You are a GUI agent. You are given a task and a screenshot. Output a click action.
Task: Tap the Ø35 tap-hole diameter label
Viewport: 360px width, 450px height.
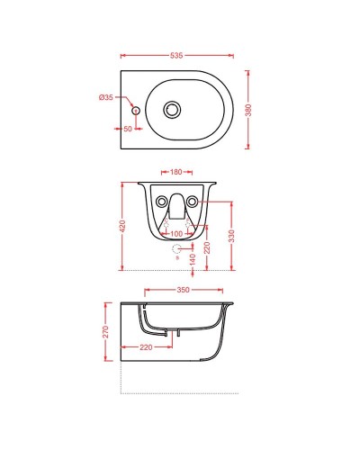106,96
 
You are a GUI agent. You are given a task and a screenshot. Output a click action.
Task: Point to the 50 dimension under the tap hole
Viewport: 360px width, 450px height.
128,130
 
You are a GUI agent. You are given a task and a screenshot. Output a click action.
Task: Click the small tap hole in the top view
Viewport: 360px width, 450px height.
136,111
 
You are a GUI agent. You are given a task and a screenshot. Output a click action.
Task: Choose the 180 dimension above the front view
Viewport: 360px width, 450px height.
175,171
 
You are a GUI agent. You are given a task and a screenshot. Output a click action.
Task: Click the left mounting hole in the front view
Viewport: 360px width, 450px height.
161,201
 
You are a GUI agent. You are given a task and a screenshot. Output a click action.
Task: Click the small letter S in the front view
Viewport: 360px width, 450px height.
176,260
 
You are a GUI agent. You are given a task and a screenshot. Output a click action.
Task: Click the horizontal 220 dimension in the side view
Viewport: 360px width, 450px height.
146,346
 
